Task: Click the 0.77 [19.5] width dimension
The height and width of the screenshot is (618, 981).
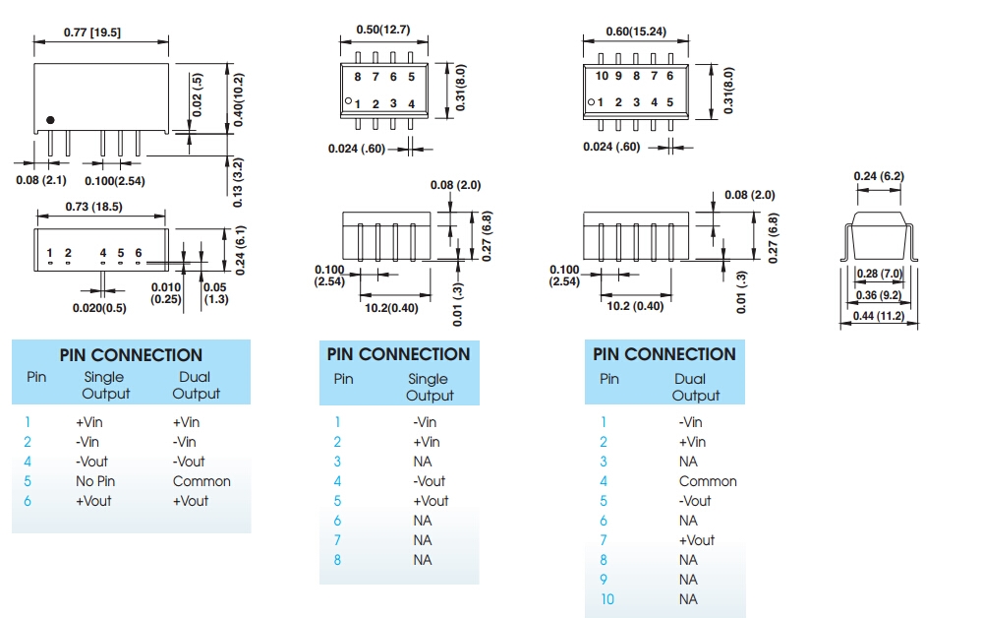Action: pyautogui.click(x=92, y=31)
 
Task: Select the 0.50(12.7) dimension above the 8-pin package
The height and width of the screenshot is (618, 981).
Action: pyautogui.click(x=382, y=30)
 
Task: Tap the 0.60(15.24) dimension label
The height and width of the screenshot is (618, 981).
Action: pyautogui.click(x=635, y=31)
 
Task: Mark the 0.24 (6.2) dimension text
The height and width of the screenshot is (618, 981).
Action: pyautogui.click(x=878, y=176)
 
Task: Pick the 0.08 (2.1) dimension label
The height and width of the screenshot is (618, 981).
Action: pyautogui.click(x=40, y=180)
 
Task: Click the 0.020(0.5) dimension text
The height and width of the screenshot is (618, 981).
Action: pyautogui.click(x=99, y=308)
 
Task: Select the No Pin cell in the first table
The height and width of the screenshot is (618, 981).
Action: pyautogui.click(x=95, y=481)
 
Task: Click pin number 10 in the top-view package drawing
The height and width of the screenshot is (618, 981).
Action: pyautogui.click(x=603, y=76)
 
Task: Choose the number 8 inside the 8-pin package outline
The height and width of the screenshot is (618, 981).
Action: pyautogui.click(x=358, y=76)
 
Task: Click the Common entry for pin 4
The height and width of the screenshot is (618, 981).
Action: pyautogui.click(x=707, y=481)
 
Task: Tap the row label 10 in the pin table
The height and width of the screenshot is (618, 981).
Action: pyautogui.click(x=606, y=599)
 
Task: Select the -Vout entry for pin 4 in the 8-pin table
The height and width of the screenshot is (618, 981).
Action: pyautogui.click(x=430, y=481)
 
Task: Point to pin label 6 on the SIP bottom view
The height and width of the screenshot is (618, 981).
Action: pyautogui.click(x=139, y=253)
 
